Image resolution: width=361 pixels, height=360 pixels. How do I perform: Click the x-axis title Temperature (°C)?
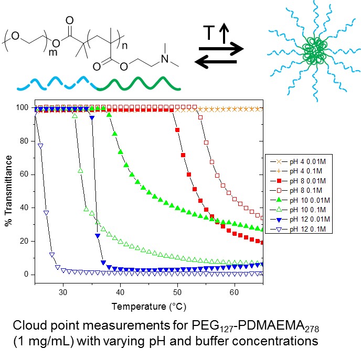click(148, 304)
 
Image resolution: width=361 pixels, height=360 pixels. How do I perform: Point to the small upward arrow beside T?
click(222, 35)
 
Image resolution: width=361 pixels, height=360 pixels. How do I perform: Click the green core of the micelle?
click(313, 52)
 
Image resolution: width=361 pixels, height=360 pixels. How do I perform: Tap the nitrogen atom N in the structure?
click(164, 59)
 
